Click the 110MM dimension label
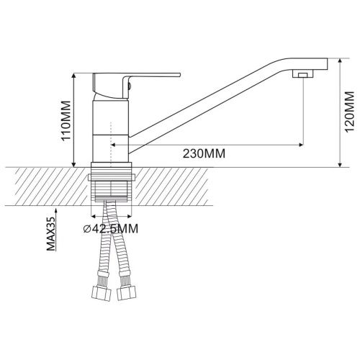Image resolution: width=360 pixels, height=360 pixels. (x=66, y=120)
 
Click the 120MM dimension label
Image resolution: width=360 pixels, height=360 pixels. (x=349, y=111)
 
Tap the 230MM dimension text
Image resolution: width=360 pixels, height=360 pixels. (x=204, y=153)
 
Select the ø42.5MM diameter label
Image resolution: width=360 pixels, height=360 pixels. (x=111, y=228)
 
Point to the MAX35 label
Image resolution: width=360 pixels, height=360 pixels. (x=50, y=233)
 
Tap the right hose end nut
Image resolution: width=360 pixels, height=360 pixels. (x=127, y=293)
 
